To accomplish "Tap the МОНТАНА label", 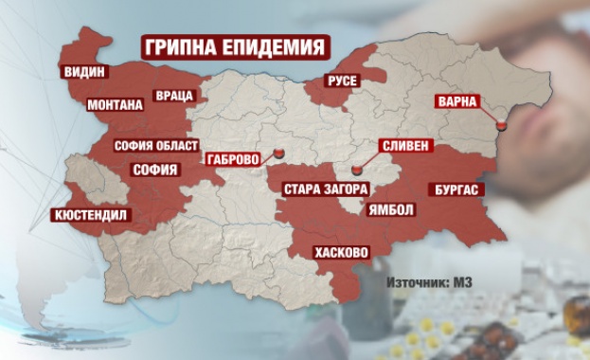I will pyautogui.click(x=113, y=104).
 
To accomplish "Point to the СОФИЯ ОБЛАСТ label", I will pyautogui.click(x=155, y=145).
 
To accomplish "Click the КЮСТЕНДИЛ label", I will pyautogui.click(x=89, y=215).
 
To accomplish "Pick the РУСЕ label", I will pyautogui.click(x=340, y=81).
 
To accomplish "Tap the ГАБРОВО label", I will pyautogui.click(x=236, y=160).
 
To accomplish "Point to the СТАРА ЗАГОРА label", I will pyautogui.click(x=322, y=189).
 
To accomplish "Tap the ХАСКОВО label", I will pyautogui.click(x=341, y=252).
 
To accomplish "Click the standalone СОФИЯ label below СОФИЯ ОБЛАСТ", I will pyautogui.click(x=154, y=171).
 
